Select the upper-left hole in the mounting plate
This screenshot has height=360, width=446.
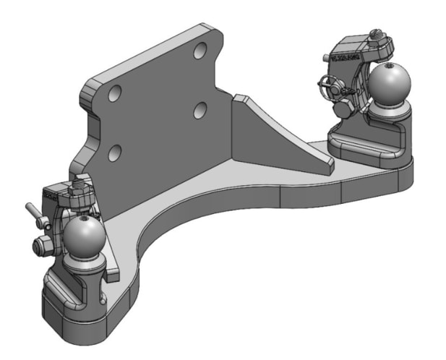point(113,94)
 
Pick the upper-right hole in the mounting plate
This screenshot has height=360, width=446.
point(201,51)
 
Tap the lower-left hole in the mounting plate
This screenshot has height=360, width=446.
point(113,153)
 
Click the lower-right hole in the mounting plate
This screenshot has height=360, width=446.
point(200,109)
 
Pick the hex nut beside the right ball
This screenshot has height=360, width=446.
point(343,108)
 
